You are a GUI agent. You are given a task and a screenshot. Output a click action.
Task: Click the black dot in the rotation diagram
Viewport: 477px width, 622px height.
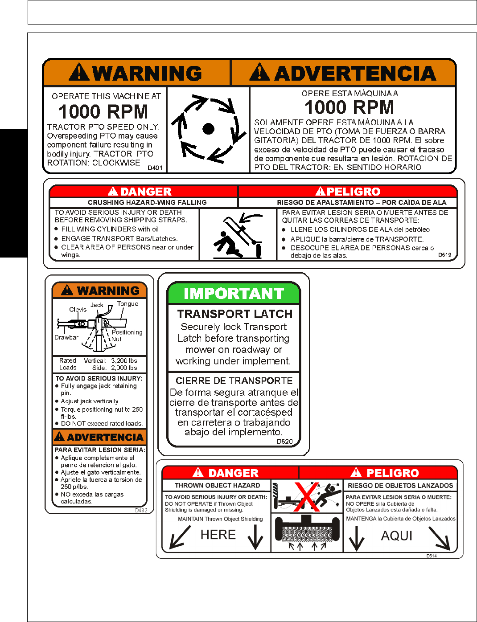click(x=208, y=129)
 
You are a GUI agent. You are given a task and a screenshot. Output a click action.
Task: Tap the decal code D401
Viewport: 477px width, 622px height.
click(x=155, y=168)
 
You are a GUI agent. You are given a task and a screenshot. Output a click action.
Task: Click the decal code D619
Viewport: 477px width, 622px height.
click(x=444, y=255)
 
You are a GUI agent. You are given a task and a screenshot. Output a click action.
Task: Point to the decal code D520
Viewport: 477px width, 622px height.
click(x=284, y=442)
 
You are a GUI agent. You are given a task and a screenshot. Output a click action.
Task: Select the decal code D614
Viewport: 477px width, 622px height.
click(x=431, y=556)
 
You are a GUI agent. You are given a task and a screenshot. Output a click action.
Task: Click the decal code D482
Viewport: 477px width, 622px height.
click(x=141, y=511)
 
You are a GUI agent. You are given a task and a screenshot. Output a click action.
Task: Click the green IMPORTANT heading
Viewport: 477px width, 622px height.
click(x=234, y=294)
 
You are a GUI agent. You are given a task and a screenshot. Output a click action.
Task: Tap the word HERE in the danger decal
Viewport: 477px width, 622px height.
click(x=218, y=535)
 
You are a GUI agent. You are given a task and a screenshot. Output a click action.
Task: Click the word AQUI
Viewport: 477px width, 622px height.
click(x=397, y=536)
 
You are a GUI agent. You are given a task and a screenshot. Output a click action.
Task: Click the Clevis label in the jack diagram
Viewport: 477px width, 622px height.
click(x=78, y=309)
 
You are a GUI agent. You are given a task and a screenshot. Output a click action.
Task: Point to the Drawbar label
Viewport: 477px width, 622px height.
click(x=66, y=337)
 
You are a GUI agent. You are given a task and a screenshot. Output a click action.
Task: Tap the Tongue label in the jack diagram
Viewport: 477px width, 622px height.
click(x=127, y=304)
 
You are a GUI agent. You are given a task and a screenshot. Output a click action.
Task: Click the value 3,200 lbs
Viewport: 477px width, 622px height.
click(x=124, y=361)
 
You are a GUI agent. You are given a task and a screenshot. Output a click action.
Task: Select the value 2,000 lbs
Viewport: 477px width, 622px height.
click(x=124, y=368)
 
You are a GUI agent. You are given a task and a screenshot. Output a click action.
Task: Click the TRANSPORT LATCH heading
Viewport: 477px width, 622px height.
click(x=234, y=314)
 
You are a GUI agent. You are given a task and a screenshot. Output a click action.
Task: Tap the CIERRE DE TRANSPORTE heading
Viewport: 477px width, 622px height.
click(x=234, y=381)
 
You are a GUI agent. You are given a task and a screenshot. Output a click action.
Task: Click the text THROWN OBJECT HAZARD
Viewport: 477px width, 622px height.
click(x=217, y=486)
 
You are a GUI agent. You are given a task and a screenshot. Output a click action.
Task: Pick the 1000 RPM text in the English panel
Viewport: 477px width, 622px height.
click(x=103, y=111)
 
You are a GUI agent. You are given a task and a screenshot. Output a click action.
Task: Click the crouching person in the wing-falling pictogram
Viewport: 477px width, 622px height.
click(x=225, y=244)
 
